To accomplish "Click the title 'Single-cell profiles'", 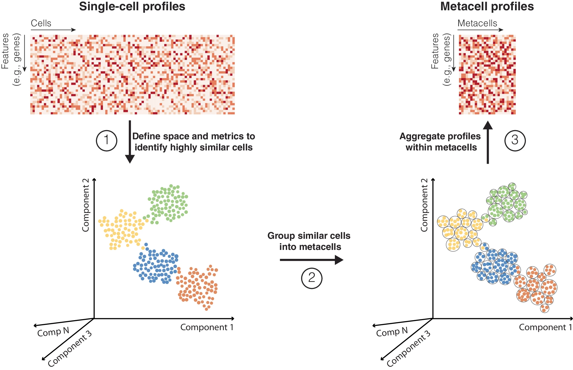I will click(132, 7).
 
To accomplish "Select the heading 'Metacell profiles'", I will click(487, 7).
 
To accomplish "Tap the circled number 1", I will click(106, 140).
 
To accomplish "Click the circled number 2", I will click(312, 278).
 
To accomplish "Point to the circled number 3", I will click(515, 140).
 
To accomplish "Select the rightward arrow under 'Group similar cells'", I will click(311, 260).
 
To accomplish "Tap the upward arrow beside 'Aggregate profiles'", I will click(488, 142).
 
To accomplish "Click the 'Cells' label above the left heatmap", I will click(41, 23).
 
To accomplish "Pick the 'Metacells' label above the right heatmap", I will click(477, 23).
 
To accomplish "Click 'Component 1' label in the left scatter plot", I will click(207, 327).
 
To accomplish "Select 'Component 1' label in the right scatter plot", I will click(545, 327).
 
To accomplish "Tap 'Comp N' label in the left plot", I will click(53, 332).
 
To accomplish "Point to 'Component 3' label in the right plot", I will click(408, 349).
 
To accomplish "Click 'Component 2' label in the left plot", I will click(86, 205).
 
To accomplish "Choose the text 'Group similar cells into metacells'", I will click(309, 241).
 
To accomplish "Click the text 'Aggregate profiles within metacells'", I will click(440, 141).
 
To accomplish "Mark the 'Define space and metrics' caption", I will click(193, 141).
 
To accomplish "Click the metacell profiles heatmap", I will click(487, 75).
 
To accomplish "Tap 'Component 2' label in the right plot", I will click(424, 205).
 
